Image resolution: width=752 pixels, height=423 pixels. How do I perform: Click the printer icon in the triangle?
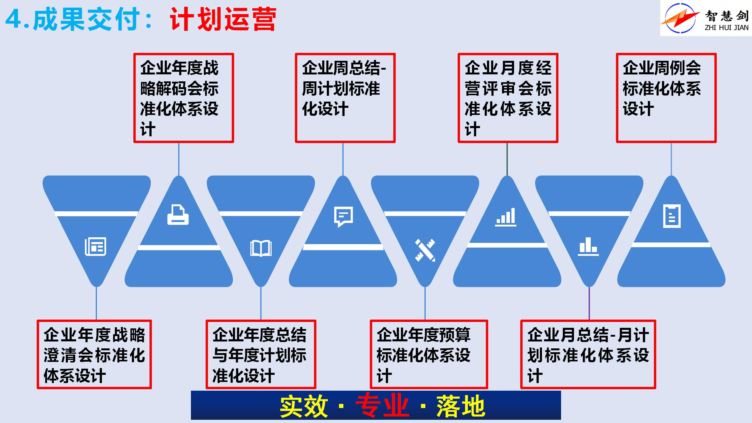[x=178, y=216]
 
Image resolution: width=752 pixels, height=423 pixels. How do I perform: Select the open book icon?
[x=261, y=248]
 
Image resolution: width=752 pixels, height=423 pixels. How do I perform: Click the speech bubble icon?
[x=343, y=217]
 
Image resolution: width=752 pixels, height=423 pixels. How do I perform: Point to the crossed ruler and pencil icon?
[x=425, y=250]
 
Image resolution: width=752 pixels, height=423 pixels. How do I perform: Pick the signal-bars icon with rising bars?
[x=506, y=217]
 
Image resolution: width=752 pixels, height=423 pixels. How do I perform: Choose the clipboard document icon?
[x=672, y=217]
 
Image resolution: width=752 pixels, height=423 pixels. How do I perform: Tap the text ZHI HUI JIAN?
[x=726, y=28]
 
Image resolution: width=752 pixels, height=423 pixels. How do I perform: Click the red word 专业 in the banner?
[x=382, y=406]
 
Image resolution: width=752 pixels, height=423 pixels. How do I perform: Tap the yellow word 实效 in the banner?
[x=304, y=406]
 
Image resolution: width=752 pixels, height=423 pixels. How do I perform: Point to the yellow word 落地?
[x=460, y=406]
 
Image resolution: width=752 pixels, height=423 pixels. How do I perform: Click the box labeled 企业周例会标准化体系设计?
[x=666, y=98]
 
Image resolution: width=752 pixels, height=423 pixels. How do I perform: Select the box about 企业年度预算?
[x=429, y=355]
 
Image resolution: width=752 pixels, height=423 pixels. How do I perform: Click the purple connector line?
[x=589, y=303]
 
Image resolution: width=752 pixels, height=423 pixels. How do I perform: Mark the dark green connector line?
[x=507, y=159]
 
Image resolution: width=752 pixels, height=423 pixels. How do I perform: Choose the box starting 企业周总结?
[x=345, y=98]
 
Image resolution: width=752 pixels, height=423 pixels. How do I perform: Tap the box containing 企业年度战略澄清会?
[x=94, y=355]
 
